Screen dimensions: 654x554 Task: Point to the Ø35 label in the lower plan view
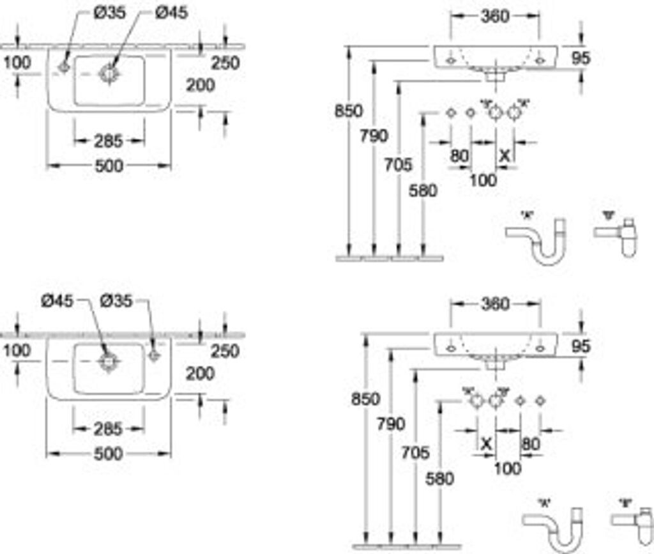point(116,300)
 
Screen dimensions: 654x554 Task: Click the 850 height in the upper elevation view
point(349,111)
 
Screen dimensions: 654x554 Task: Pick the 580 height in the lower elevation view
point(439,478)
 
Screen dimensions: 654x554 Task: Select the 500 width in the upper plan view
point(109,166)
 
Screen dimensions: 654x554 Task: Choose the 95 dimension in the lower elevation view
point(579,346)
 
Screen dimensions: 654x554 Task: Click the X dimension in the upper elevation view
point(505,155)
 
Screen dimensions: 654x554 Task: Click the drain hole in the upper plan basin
point(109,73)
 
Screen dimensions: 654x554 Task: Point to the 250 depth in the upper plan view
point(225,63)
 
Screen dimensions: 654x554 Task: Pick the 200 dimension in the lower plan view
point(200,374)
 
